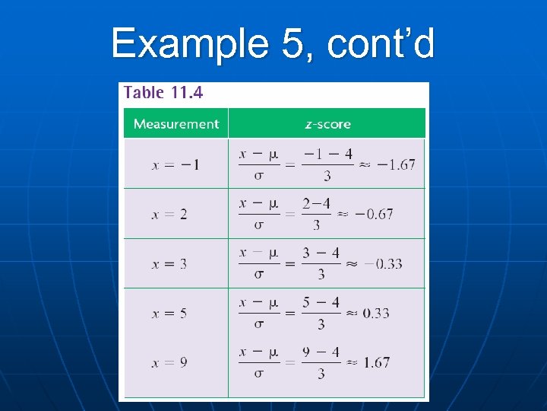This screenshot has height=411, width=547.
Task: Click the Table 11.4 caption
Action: coord(163,94)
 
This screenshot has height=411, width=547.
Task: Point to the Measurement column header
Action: coord(175,124)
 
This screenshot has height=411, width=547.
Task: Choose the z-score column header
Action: coord(327,124)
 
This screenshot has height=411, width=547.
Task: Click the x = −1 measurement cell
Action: coord(175,164)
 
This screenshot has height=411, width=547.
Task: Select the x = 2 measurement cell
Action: coord(169,215)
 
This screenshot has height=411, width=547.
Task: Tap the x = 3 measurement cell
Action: coord(169,264)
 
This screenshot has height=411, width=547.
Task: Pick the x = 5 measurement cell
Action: coord(169,313)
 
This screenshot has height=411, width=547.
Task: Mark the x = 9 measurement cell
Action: coord(169,363)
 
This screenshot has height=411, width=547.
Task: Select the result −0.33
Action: coord(383,264)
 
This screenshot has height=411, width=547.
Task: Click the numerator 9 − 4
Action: coord(321,352)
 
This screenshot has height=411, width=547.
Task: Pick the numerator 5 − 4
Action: coord(321,303)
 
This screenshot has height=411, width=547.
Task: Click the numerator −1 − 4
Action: coord(327,155)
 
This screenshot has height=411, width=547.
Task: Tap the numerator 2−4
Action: coord(316,204)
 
